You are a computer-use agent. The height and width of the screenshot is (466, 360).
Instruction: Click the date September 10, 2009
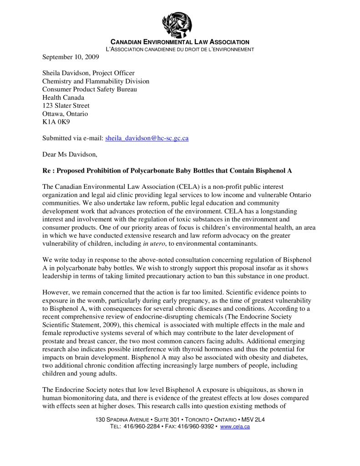pyautogui.click(x=71, y=57)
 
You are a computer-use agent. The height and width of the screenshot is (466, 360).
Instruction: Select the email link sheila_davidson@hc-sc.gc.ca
pyautogui.click(x=147, y=138)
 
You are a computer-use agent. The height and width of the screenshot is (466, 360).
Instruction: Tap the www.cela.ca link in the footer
pyautogui.click(x=235, y=427)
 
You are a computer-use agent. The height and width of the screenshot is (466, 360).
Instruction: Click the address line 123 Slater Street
pyautogui.click(x=66, y=106)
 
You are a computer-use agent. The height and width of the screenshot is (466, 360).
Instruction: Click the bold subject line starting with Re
pyautogui.click(x=167, y=171)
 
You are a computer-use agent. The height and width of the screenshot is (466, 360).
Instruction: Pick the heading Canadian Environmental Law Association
pyautogui.click(x=180, y=42)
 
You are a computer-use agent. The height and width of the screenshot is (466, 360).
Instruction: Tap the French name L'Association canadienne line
pyautogui.click(x=180, y=49)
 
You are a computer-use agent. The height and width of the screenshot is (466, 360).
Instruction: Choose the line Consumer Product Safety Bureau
pyautogui.click(x=90, y=89)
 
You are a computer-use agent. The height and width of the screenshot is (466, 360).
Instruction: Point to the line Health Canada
pyautogui.click(x=63, y=97)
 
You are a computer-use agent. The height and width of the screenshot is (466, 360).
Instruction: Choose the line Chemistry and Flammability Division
pyautogui.click(x=96, y=81)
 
